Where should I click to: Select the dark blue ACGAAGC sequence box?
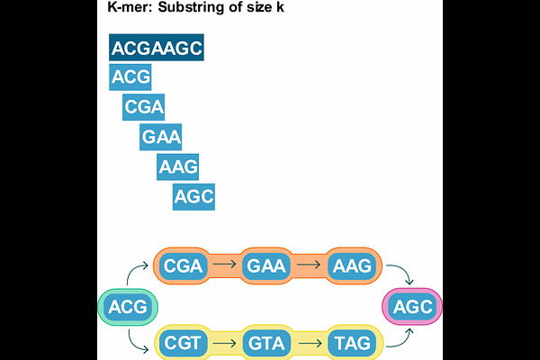pos(157,48)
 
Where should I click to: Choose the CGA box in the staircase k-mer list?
pos(144,108)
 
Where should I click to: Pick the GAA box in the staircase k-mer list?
pos(161,138)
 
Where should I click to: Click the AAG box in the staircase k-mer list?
pos(177,166)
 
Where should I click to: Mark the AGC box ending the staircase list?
pos(194,196)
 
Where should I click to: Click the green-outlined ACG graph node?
pos(127,309)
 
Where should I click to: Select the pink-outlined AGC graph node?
pos(413,308)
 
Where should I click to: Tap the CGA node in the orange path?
pos(184,265)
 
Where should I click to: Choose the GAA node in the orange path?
pos(266,265)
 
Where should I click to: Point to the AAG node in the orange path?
pos(353,265)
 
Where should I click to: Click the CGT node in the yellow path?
pos(184,343)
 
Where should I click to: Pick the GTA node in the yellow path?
pos(266,343)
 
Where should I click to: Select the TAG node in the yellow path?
pos(353,343)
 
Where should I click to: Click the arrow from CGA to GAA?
pos(225,265)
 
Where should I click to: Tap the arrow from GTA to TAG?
pos(310,343)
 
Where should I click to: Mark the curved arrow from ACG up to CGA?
pos(137,273)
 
